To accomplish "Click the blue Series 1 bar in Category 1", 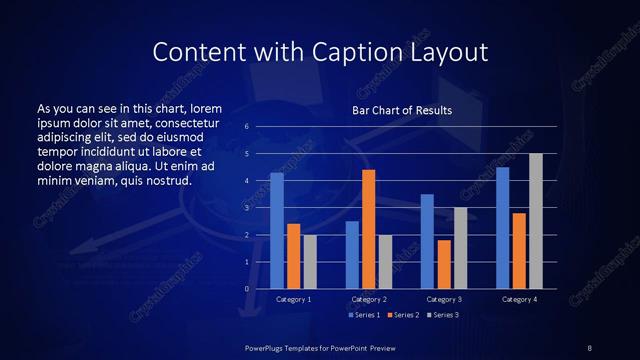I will point(277,231).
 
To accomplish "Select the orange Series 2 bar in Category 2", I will point(369,229).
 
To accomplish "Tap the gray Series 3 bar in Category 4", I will point(536,221).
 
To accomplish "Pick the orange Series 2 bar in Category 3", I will point(444,264).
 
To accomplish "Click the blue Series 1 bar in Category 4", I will point(503,228).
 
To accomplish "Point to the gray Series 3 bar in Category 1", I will point(310,262).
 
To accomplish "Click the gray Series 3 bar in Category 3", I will point(460,248).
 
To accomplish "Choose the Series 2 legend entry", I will point(402,315).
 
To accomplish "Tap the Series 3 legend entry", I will point(441,315).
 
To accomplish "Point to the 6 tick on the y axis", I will point(246,127).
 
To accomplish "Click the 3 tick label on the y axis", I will point(246,208).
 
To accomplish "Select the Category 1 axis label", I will point(293,299).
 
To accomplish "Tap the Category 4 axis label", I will point(519,299).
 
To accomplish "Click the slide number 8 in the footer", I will point(589,347).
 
